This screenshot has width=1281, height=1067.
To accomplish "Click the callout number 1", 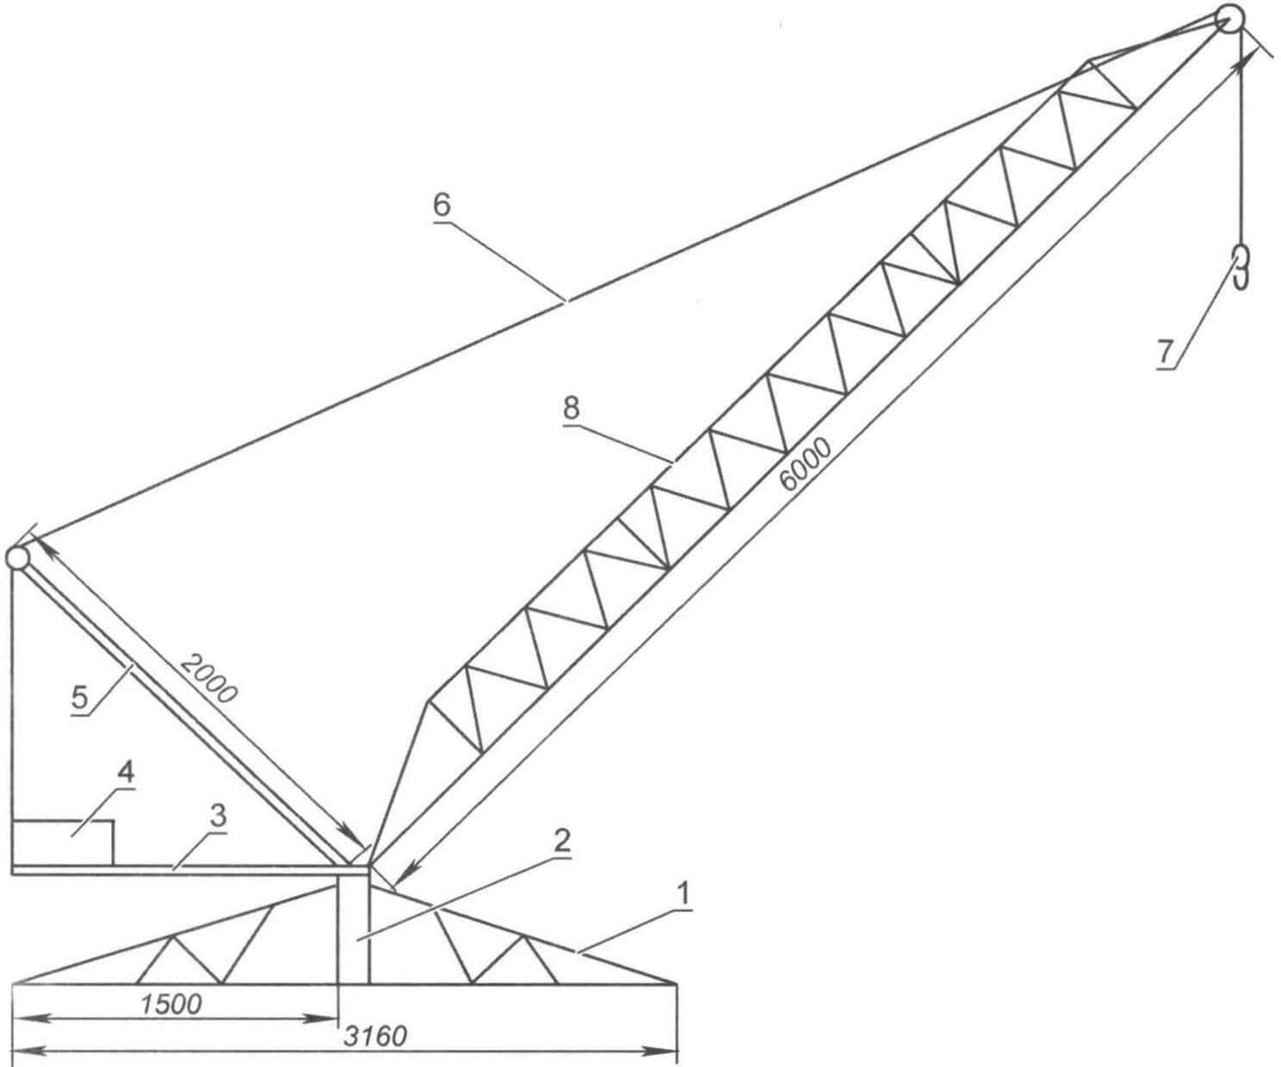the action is (682, 896).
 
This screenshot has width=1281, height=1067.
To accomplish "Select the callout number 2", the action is (561, 841).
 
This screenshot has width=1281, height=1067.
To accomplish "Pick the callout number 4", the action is (125, 774).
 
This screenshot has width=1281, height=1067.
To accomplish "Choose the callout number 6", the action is (442, 206).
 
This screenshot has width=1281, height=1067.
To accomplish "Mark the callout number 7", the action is (1165, 352).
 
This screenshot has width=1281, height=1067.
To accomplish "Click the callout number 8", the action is (571, 409).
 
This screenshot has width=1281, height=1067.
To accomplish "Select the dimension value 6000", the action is (806, 465).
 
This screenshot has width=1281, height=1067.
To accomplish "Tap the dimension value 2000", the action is (208, 678).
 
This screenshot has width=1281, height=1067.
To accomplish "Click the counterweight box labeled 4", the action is (63, 842).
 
